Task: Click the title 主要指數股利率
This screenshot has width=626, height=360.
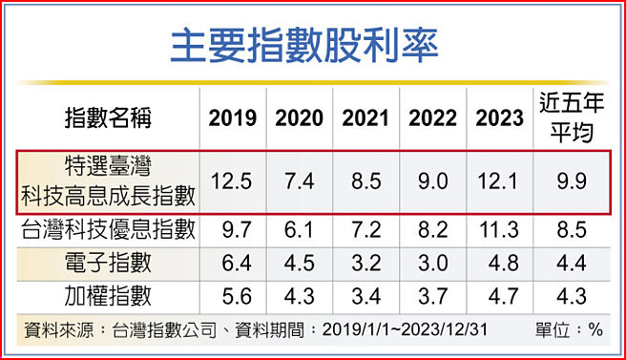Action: (x=313, y=45)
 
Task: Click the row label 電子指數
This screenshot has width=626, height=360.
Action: (x=108, y=261)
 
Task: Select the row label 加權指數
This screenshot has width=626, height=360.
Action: (x=108, y=293)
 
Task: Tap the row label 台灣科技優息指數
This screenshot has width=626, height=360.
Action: (x=108, y=229)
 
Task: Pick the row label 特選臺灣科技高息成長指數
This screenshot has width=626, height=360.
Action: (x=108, y=181)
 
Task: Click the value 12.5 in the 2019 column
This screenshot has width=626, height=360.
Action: (x=232, y=181)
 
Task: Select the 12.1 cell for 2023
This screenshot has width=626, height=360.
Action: (x=499, y=181)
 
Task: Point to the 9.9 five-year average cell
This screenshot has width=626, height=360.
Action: (x=573, y=181)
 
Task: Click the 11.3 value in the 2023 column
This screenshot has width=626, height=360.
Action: (x=499, y=229)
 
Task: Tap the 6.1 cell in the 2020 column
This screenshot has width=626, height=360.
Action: (x=299, y=229)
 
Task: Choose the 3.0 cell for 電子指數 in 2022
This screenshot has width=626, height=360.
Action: (x=432, y=261)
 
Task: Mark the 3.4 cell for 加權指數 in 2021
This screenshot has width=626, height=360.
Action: (x=365, y=293)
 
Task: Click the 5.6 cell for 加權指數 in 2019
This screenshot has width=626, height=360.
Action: (x=232, y=293)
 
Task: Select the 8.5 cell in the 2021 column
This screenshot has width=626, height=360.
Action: (x=365, y=181)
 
